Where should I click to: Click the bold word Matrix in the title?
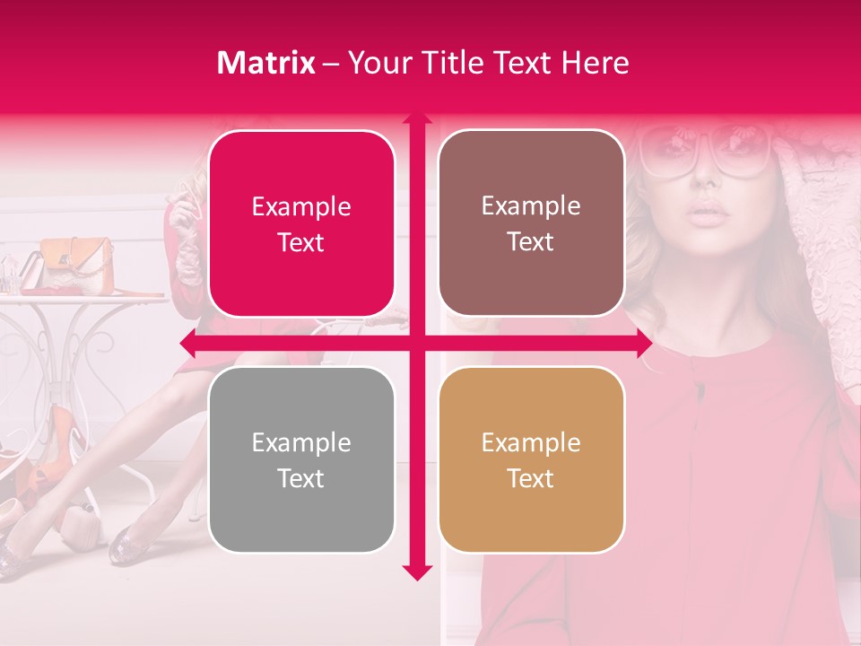[266, 63]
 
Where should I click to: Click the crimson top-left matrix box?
[301, 224]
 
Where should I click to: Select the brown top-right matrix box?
[531, 223]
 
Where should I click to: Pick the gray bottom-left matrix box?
[301, 460]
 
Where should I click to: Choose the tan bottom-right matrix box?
[531, 460]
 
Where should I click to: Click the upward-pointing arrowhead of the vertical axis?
[416, 119]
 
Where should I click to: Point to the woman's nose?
[709, 179]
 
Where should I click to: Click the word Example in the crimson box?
[301, 207]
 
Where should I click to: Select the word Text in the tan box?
[531, 478]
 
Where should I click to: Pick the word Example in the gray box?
[301, 443]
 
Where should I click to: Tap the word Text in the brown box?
[531, 241]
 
